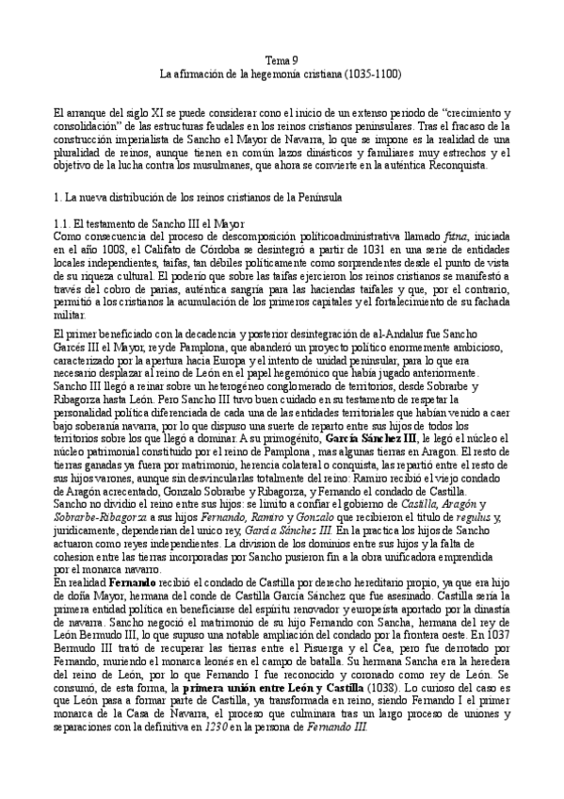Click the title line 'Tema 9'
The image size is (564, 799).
tap(282, 58)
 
